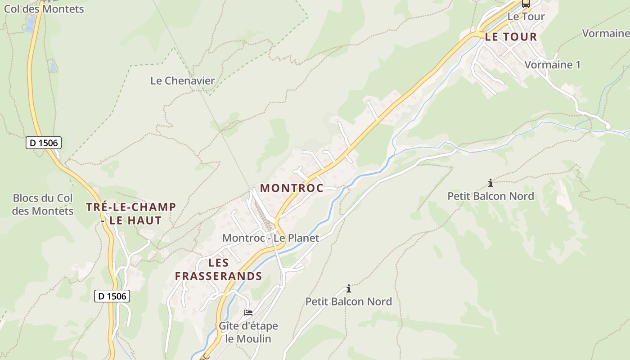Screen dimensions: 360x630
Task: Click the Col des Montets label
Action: point(44,8)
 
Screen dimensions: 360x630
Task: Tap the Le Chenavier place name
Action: point(182,81)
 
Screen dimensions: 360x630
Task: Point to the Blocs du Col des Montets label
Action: point(43,204)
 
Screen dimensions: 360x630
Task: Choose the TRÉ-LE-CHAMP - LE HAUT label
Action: point(131,214)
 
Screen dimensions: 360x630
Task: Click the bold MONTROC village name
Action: point(292,188)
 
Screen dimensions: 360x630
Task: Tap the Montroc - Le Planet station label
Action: point(270,238)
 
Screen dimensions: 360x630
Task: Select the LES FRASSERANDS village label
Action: point(219,269)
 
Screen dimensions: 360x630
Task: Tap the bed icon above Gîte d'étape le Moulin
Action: point(248,313)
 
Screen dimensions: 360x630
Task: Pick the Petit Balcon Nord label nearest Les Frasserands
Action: point(349,301)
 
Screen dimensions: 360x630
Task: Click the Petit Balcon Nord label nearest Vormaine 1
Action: point(490,196)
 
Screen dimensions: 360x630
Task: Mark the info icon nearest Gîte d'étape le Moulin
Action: point(348,288)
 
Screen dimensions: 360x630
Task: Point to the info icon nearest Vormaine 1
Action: point(490,183)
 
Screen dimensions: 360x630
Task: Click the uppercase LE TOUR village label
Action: point(511,37)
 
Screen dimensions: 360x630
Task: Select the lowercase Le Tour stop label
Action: point(526,17)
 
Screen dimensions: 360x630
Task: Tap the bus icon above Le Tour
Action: point(526,4)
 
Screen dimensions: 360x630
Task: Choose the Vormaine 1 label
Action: point(552,65)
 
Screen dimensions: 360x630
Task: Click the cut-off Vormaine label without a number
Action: point(606,33)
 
